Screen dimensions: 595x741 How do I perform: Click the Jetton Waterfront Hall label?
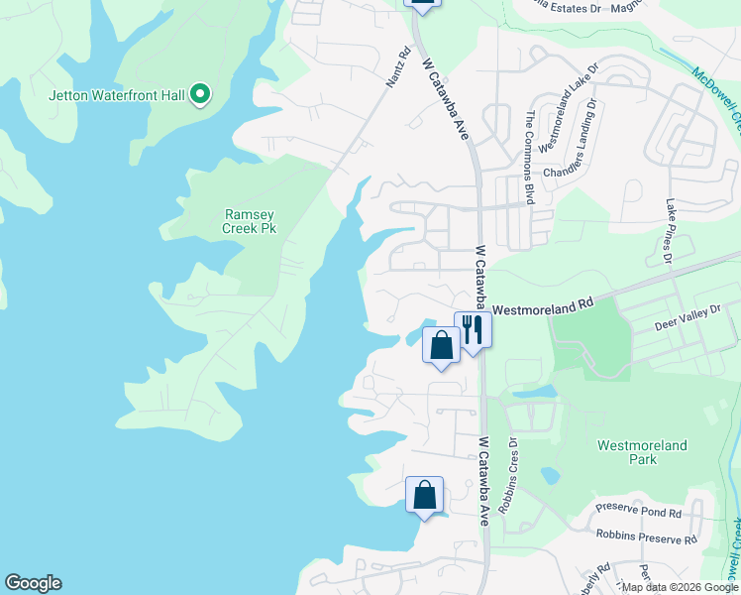point(119,95)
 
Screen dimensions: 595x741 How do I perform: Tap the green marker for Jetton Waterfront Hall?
point(201,95)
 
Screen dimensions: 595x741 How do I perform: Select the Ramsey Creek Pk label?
point(249,221)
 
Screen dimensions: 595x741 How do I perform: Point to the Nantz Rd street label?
point(397,68)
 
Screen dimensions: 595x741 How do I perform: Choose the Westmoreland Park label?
point(642,452)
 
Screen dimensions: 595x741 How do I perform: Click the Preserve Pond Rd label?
point(638,513)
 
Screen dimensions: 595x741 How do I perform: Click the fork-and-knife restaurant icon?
point(474,329)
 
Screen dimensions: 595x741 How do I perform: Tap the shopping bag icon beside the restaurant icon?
point(441,345)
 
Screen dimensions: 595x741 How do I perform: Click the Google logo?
point(33,583)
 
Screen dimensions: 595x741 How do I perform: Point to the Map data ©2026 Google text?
point(680,587)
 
